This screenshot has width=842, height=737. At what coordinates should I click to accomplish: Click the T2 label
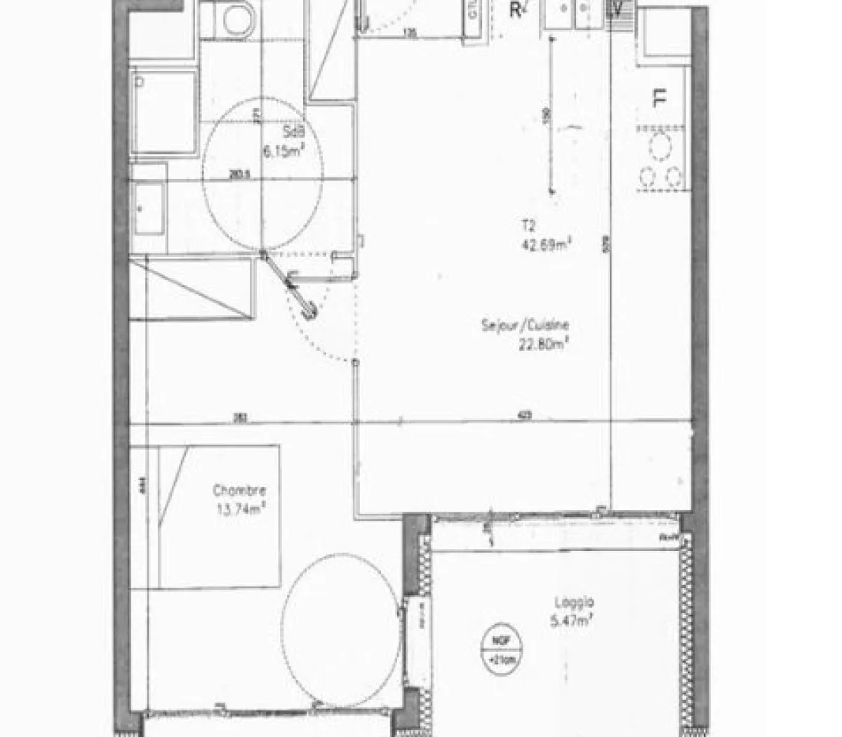pyautogui.click(x=528, y=225)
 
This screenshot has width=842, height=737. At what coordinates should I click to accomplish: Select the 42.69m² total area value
pyautogui.click(x=544, y=244)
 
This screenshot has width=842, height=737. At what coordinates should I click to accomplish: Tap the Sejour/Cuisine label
pyautogui.click(x=525, y=325)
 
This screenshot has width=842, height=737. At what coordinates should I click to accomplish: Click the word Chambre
pyautogui.click(x=239, y=491)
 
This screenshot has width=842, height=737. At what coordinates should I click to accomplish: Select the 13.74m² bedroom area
pyautogui.click(x=239, y=510)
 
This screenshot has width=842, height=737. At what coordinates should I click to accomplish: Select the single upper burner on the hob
pyautogui.click(x=660, y=148)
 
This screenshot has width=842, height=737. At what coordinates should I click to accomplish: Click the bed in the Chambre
pyautogui.click(x=220, y=515)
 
